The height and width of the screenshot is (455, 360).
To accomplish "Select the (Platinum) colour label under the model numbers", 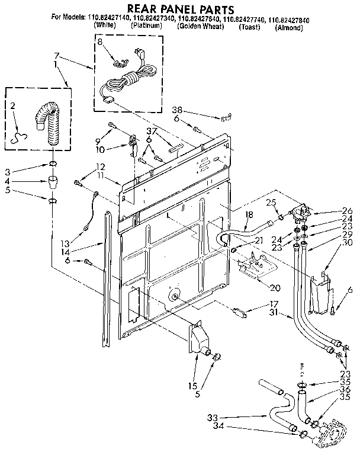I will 149,27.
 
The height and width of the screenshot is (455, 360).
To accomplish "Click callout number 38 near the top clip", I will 176,110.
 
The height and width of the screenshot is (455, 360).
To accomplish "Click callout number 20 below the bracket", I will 274,288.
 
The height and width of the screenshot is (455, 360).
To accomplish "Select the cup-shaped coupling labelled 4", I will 53,180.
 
